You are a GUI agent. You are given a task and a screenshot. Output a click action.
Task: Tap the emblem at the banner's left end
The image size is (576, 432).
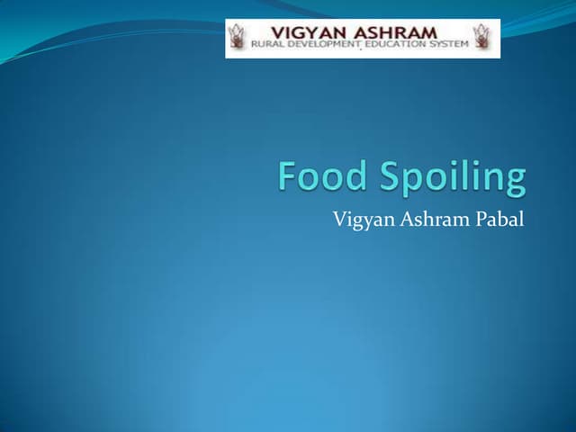(238, 38)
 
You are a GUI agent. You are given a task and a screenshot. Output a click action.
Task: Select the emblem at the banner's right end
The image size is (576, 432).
(485, 38)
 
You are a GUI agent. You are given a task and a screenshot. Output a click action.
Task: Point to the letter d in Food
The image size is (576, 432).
(354, 176)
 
